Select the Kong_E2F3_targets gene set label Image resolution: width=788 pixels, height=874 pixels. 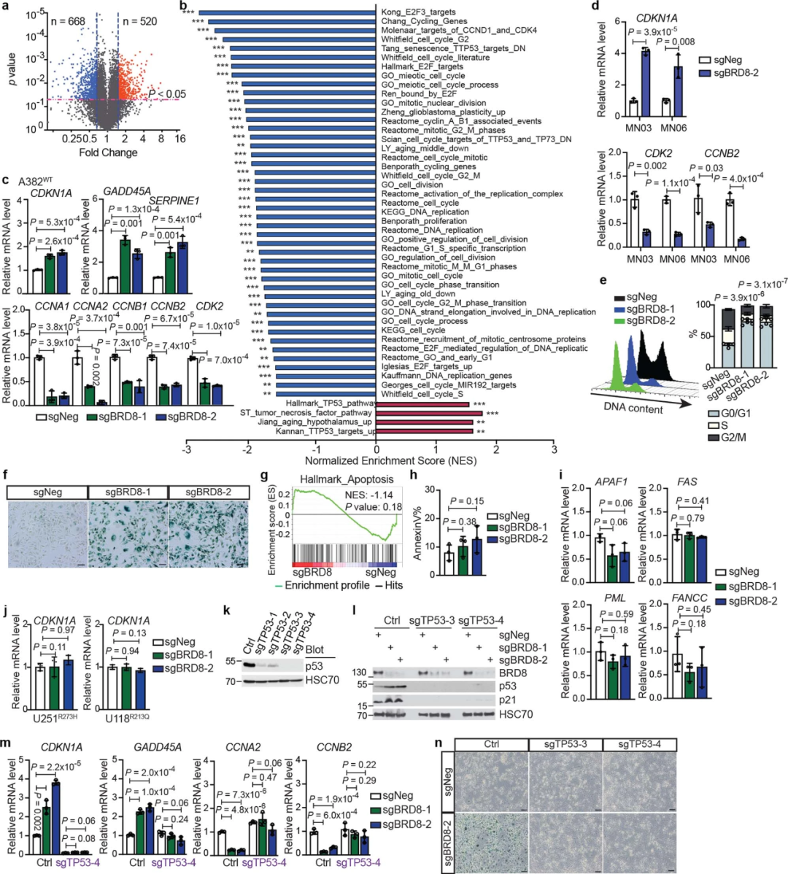point(418,12)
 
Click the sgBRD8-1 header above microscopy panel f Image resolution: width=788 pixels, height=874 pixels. point(128,492)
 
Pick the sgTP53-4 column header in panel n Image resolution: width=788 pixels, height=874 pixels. point(640,744)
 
